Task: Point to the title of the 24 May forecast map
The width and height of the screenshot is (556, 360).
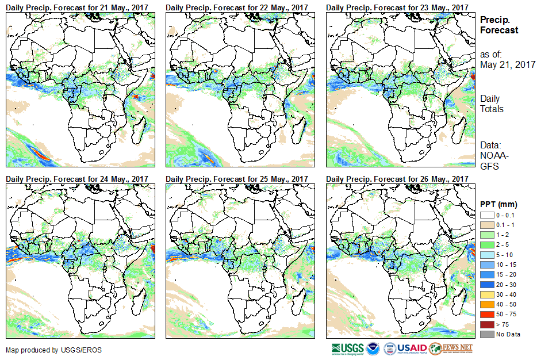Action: (77, 179)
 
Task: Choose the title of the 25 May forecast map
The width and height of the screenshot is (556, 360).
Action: (237, 179)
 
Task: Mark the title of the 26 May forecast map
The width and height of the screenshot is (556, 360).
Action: (397, 179)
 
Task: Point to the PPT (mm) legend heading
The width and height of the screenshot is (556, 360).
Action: (499, 204)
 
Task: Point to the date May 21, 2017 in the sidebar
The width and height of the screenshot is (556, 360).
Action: (508, 65)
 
